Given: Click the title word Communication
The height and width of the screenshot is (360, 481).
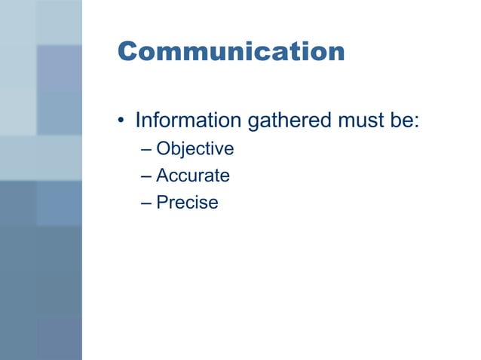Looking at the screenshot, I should (x=231, y=52).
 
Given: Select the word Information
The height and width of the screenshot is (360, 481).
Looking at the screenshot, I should (x=185, y=120).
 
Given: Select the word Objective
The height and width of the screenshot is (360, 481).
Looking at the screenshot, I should (x=195, y=149).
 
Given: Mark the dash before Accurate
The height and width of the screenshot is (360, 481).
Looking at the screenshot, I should (x=146, y=176).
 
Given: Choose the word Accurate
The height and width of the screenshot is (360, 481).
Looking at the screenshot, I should (x=193, y=175).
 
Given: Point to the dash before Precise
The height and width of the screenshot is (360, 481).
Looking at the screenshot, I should (x=146, y=203).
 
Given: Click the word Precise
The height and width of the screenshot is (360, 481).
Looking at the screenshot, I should (x=187, y=203).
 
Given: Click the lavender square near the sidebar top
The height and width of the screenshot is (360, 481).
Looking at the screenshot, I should (x=59, y=68).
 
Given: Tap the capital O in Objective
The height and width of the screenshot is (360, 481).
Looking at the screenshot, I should (x=163, y=149).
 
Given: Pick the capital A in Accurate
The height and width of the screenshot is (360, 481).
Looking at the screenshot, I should (x=162, y=175).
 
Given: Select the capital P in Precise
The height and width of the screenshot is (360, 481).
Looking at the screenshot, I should (x=161, y=203).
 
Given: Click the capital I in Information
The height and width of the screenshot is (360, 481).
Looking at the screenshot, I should (x=137, y=120).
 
